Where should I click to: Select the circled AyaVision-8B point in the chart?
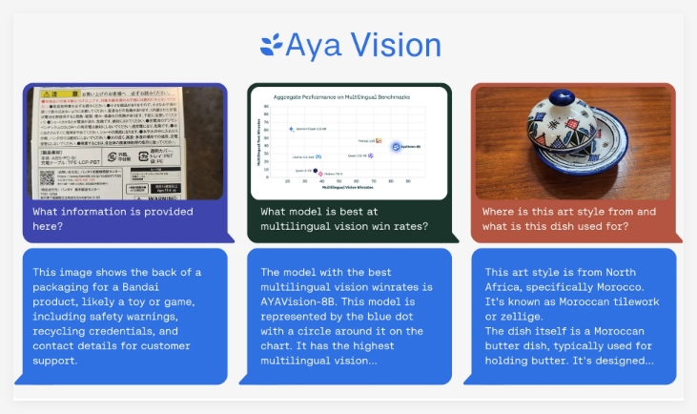[x=395, y=146]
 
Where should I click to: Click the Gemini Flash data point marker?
[x=291, y=128]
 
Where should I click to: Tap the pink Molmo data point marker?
[x=320, y=174]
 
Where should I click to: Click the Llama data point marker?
[x=318, y=155]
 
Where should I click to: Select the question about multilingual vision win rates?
[x=344, y=218]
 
